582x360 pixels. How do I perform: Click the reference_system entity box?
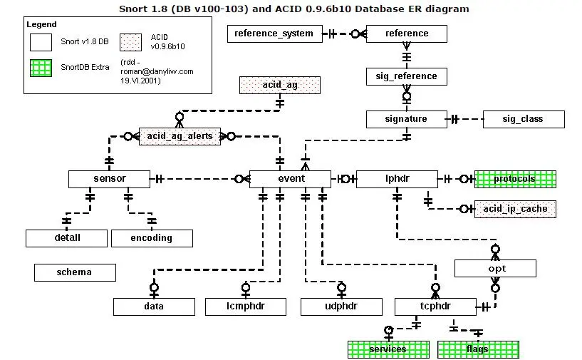click(275, 34)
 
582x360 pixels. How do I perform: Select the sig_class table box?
click(524, 119)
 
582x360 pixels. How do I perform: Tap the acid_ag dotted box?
click(280, 85)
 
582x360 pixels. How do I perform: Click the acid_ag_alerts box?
click(180, 136)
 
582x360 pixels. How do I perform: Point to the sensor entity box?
click(110, 179)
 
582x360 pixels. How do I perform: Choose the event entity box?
click(290, 179)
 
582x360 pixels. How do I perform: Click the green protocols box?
click(515, 179)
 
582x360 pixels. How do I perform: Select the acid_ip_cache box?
click(515, 209)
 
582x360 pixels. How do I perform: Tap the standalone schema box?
click(75, 272)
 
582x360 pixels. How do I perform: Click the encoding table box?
click(152, 238)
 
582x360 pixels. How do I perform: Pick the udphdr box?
click(341, 307)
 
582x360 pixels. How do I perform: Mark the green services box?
click(389, 349)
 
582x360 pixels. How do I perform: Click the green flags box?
click(478, 349)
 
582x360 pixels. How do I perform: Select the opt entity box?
click(496, 268)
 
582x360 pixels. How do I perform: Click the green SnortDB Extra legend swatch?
click(41, 68)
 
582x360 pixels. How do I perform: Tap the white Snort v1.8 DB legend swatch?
click(41, 42)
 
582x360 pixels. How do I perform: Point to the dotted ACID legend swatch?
click(130, 42)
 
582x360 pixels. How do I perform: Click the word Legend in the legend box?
click(41, 24)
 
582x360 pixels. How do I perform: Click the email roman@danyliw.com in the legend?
click(157, 71)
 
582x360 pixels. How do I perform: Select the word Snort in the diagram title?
click(132, 9)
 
